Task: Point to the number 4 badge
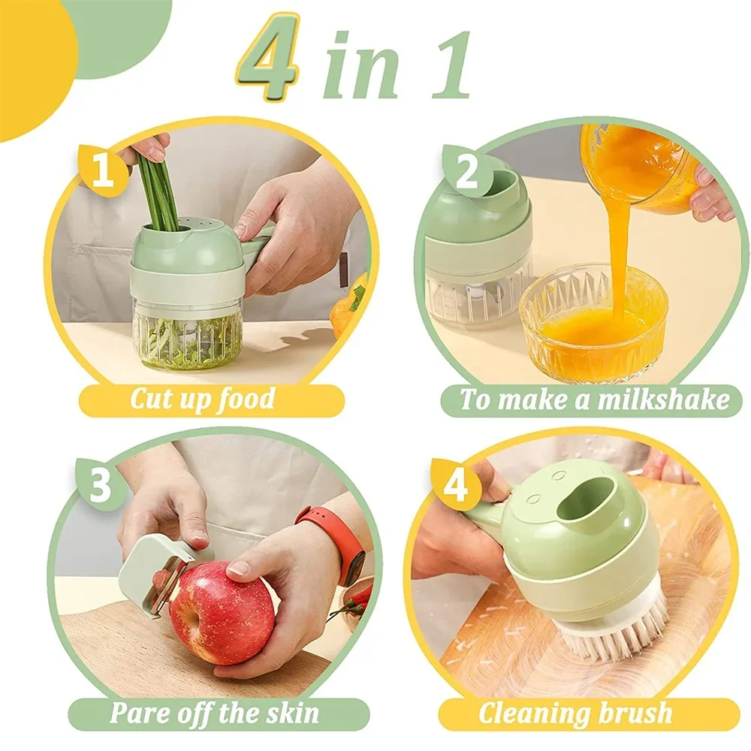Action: (456, 487)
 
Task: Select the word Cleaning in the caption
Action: (529, 712)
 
